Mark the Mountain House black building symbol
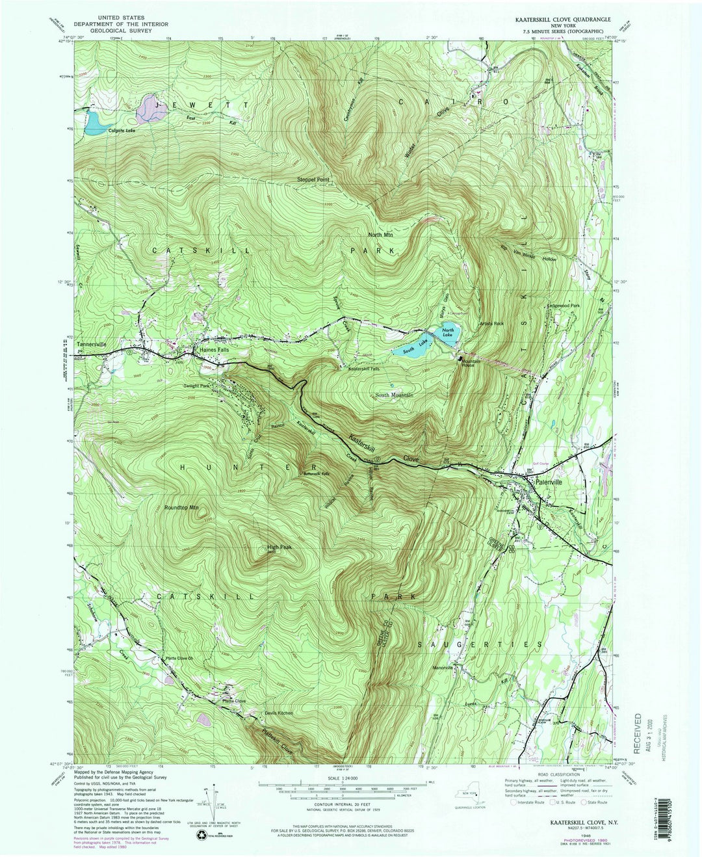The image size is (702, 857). pos(462,358)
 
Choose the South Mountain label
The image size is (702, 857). pos(394,395)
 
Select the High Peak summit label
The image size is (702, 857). pos(279,547)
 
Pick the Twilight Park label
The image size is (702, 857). pos(196,386)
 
